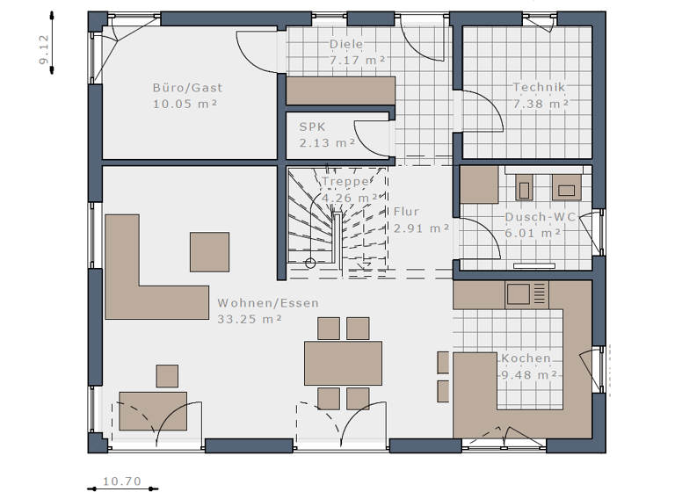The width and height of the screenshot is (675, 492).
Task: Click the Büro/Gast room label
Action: tap(187, 87)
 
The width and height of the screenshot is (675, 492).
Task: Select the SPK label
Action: tap(312, 127)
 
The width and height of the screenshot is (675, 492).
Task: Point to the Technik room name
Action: tap(540, 87)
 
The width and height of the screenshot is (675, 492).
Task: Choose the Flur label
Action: tap(406, 212)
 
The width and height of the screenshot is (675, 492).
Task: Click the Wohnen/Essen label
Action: tap(268, 303)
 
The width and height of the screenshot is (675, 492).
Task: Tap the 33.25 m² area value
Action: tap(250, 319)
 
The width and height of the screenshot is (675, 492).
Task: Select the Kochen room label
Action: tap(526, 358)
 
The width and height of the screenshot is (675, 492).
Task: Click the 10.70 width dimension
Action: tap(122, 481)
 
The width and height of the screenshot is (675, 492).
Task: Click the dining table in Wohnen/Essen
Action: tap(343, 363)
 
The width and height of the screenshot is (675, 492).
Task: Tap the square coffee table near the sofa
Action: tap(210, 251)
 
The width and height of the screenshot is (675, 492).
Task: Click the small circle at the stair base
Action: tap(310, 264)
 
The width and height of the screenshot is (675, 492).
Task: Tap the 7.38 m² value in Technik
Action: tap(540, 104)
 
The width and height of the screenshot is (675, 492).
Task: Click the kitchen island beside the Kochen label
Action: tap(475, 380)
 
